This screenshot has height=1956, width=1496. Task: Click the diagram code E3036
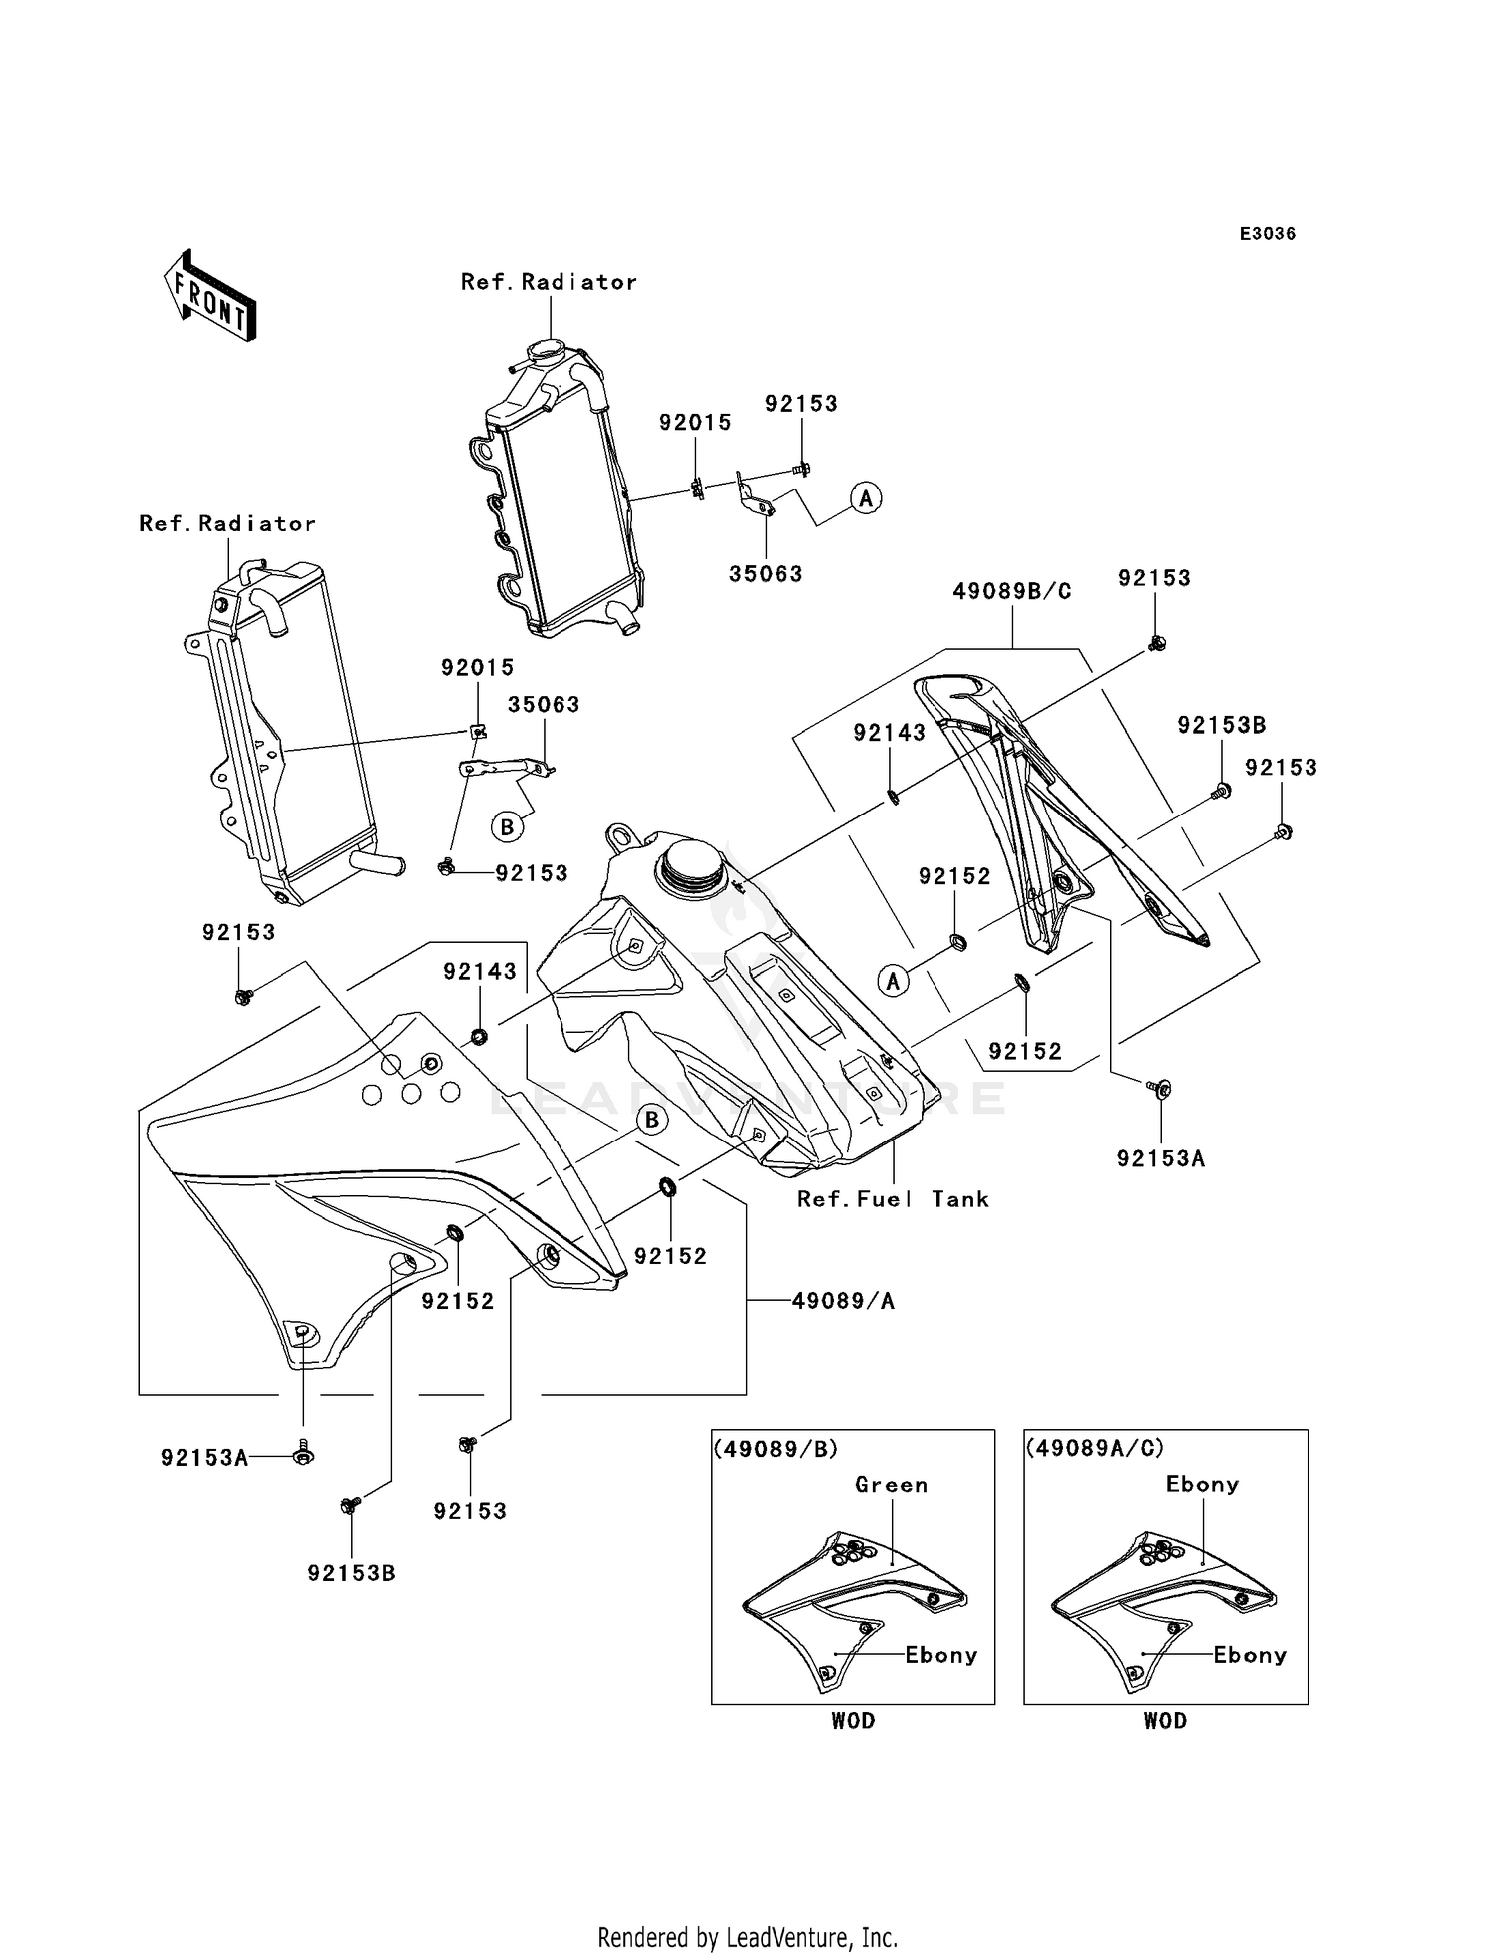pyautogui.click(x=1267, y=234)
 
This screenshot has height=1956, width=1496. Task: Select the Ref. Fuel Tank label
pyautogui.click(x=893, y=1199)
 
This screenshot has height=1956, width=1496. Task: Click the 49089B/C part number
pyautogui.click(x=1011, y=591)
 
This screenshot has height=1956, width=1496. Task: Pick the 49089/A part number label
pyautogui.click(x=843, y=1301)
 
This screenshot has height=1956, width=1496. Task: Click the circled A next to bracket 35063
pyautogui.click(x=865, y=497)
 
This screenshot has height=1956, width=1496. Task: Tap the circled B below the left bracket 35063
pyautogui.click(x=507, y=826)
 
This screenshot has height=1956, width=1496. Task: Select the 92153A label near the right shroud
pyautogui.click(x=1161, y=1158)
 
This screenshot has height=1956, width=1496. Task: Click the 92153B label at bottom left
pyautogui.click(x=351, y=1573)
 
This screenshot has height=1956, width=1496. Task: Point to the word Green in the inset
pyautogui.click(x=891, y=1485)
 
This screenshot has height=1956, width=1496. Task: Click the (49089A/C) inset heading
pyautogui.click(x=1094, y=1448)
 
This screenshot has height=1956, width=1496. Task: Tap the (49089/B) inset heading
pyautogui.click(x=775, y=1448)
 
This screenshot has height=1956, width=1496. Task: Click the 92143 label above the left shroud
pyautogui.click(x=480, y=971)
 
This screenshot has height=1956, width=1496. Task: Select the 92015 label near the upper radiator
pyautogui.click(x=695, y=423)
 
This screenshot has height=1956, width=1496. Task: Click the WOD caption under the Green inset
pyautogui.click(x=853, y=1721)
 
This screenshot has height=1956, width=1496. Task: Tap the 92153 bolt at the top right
pyautogui.click(x=1157, y=643)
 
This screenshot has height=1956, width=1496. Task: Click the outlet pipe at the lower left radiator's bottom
pyautogui.click(x=379, y=860)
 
